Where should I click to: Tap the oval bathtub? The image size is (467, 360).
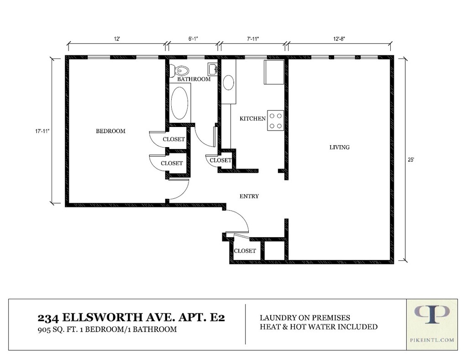179,103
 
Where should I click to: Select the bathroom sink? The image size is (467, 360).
213,69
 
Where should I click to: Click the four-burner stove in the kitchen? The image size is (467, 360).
275,121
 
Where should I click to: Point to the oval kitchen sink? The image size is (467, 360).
228,83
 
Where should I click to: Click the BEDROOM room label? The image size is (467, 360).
110,131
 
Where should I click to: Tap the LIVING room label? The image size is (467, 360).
340,147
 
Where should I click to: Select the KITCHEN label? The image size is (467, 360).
252,119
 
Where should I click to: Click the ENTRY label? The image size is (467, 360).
249,196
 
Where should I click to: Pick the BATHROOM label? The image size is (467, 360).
194,79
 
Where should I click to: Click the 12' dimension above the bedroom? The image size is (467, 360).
117,39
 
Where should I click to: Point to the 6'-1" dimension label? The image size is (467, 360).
193,39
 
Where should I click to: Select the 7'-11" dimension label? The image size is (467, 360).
253,39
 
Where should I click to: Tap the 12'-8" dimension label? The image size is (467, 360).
339,39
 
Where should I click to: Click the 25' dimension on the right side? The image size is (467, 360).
411,160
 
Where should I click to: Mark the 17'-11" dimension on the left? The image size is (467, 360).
42,131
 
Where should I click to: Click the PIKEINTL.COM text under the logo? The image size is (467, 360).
432,340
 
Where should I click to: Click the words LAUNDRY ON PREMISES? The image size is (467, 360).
305,318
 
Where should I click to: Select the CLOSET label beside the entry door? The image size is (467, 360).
245,251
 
